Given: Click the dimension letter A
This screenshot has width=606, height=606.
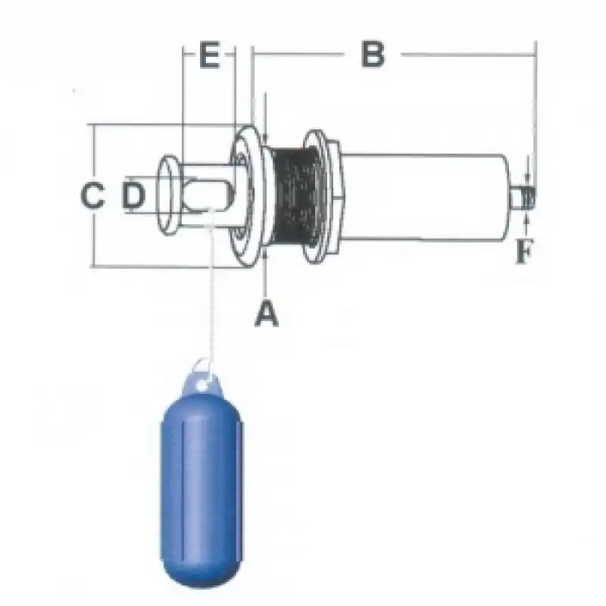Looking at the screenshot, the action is [267, 314].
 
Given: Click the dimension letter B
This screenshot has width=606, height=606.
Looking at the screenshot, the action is [373, 55].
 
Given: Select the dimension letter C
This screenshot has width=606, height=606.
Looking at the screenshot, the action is [92, 195].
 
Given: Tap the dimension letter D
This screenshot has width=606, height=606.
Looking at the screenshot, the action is [133, 195].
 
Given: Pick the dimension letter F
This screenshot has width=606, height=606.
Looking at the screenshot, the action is [524, 251].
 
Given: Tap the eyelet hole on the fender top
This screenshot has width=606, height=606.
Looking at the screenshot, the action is [201, 386].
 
